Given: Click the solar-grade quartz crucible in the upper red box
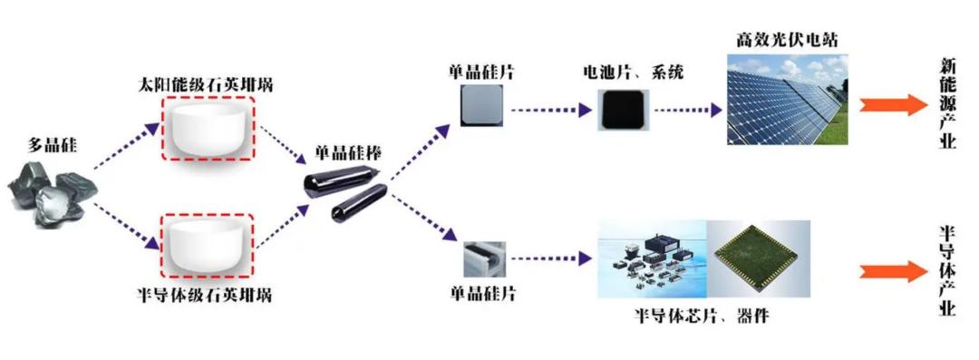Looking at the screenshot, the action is [x=208, y=129].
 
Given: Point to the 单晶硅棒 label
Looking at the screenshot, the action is [x=348, y=152].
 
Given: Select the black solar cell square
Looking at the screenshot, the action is [x=621, y=111].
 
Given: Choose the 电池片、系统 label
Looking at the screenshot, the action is [x=630, y=72].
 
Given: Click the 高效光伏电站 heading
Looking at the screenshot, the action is [x=787, y=41].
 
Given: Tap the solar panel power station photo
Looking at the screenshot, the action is [x=788, y=100].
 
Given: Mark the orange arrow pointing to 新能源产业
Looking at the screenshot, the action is [x=893, y=104].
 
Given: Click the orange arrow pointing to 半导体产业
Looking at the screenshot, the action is [x=893, y=271].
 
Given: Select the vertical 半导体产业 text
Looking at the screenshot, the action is [x=947, y=271].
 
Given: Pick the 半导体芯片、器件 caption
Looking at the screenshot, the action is [x=701, y=316].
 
